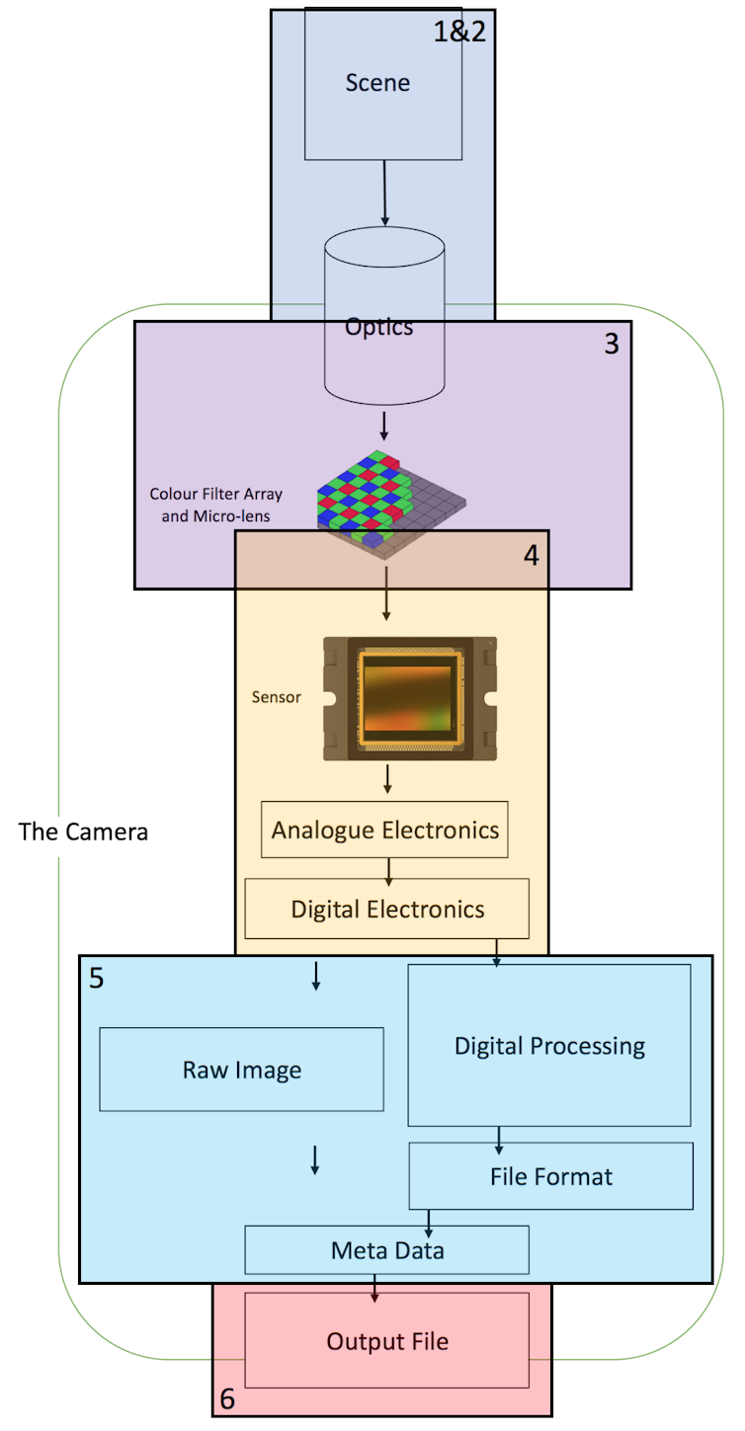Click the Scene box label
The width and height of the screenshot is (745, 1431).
[x=377, y=83]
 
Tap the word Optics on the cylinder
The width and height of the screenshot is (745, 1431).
[x=379, y=327]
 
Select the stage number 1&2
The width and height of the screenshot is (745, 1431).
[x=460, y=32]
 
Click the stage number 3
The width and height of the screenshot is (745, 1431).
[x=612, y=345]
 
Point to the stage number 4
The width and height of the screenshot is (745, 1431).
[x=531, y=555]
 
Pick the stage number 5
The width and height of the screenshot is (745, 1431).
[x=96, y=979]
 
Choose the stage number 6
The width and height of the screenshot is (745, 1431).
[x=227, y=1399]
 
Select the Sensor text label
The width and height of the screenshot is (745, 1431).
[x=277, y=697]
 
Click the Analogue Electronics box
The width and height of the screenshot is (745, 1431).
[x=385, y=830]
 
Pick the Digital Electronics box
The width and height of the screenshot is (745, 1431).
[x=387, y=909]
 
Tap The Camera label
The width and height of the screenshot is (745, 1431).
[x=83, y=833]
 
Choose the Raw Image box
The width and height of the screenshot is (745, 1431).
[x=241, y=1070]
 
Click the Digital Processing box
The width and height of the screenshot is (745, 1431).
[x=549, y=1046]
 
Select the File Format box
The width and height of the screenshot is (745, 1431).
[x=550, y=1177]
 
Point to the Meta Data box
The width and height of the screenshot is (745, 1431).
[x=387, y=1251]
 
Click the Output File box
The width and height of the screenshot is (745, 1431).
[x=387, y=1342]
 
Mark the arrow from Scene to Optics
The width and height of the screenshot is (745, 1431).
[x=384, y=194]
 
